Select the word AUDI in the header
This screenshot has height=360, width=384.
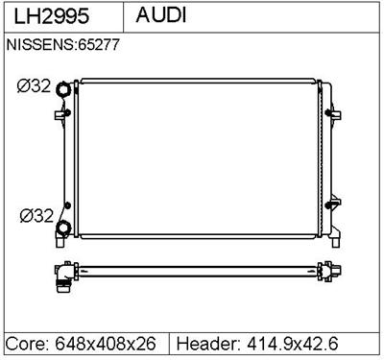point(161,17)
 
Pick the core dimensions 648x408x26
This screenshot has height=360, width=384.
point(108,343)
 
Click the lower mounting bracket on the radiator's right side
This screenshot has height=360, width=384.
point(333,203)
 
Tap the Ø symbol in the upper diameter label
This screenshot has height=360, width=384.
point(23,86)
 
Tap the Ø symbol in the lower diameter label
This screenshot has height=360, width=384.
point(23,215)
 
